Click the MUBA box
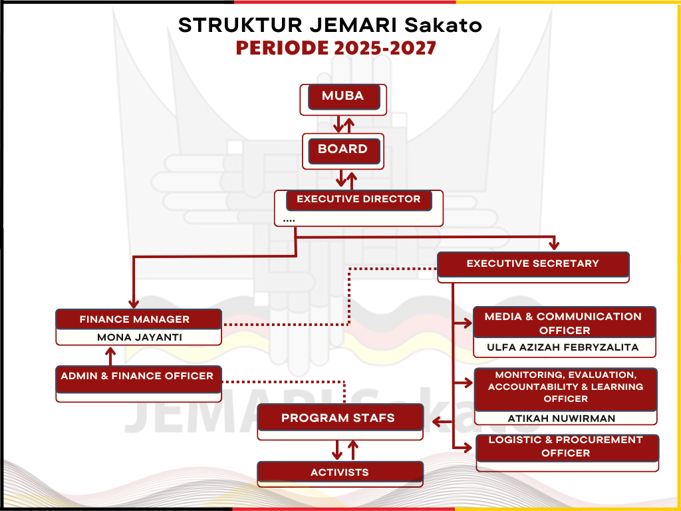343,96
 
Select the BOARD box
343,150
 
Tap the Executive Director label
358,200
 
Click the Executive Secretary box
533,264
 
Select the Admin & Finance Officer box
138,376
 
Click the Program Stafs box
340,419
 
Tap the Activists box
340,473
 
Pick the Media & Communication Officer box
564,323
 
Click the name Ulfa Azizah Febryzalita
563,347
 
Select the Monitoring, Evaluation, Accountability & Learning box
565,387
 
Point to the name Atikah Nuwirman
562,419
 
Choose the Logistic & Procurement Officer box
566,446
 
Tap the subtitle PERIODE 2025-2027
336,49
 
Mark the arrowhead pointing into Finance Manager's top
134,304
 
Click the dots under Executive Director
289,220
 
